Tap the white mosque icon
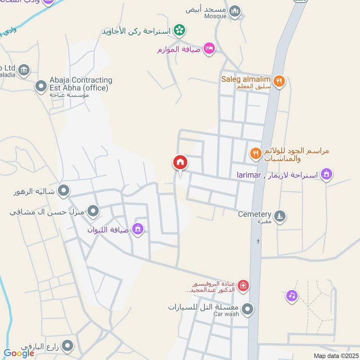(234, 11)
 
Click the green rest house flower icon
(180, 30)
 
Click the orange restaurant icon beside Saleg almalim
(279, 81)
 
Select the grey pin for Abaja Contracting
(41, 85)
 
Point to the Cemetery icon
(280, 217)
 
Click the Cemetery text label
(255, 215)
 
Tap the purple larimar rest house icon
(327, 174)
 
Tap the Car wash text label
(226, 314)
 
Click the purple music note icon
(292, 296)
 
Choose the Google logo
(19, 353)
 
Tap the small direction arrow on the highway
(258, 242)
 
